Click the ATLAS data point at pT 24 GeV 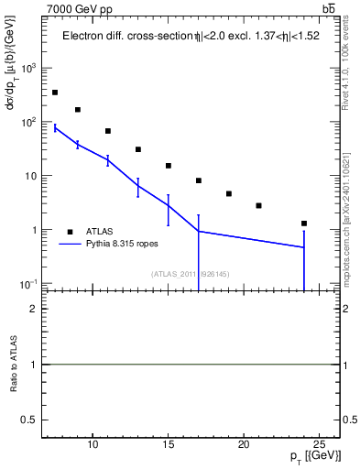(x=303, y=224)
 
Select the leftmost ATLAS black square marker (x=55, y=93)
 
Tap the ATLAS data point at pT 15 (x=169, y=166)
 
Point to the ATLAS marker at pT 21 (x=258, y=206)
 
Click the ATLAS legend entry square (x=69, y=232)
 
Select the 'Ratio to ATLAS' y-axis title (x=14, y=365)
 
